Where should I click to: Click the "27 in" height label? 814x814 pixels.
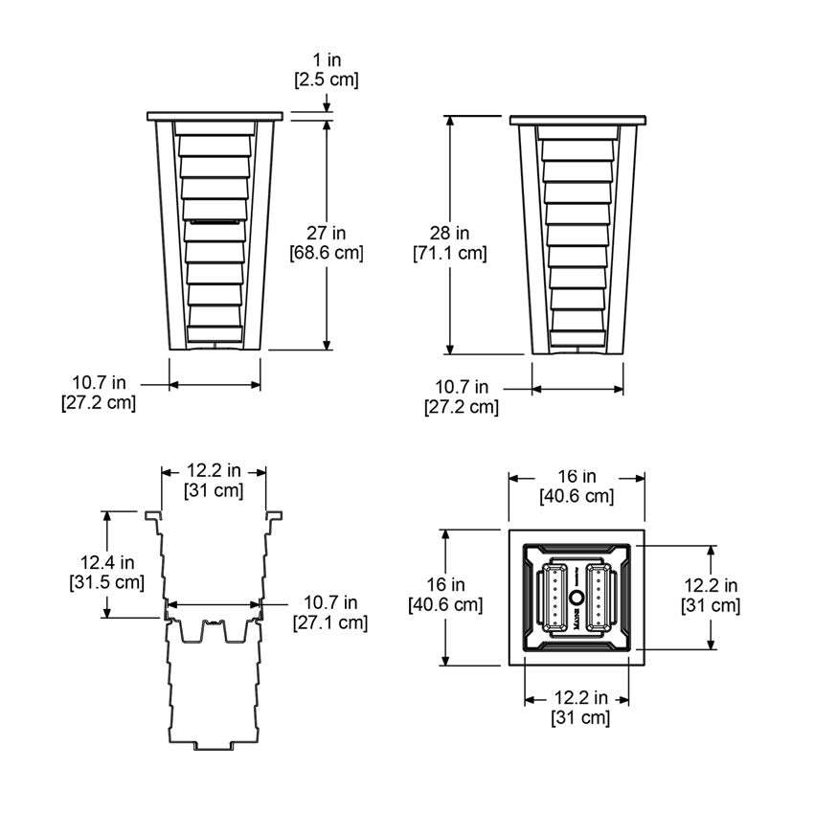coord(327,233)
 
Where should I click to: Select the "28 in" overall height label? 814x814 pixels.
coord(449,233)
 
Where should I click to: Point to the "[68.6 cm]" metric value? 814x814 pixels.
coord(327,254)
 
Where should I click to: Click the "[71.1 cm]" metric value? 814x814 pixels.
coord(449,254)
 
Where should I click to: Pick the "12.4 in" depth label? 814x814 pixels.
coord(106,561)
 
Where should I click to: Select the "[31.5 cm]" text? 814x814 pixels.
coord(106,581)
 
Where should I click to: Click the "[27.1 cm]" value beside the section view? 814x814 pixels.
coord(329,622)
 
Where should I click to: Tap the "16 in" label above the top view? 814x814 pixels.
coord(576,476)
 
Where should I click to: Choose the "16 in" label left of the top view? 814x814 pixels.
coord(445,584)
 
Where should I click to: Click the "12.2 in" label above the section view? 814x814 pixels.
coord(214,471)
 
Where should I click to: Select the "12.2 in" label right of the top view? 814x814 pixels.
coord(711,585)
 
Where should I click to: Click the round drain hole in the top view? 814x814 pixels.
coord(577,599)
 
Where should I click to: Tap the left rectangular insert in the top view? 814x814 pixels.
coord(554,598)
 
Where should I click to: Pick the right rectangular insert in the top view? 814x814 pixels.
coord(599,598)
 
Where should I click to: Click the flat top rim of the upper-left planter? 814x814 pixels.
coord(215,117)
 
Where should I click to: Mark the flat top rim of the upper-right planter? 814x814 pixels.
coord(577,121)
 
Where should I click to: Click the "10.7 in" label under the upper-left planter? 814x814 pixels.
coord(99,383)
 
